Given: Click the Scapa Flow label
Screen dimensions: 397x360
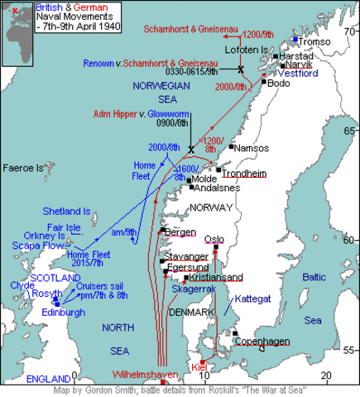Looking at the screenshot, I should [x=34, y=246].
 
